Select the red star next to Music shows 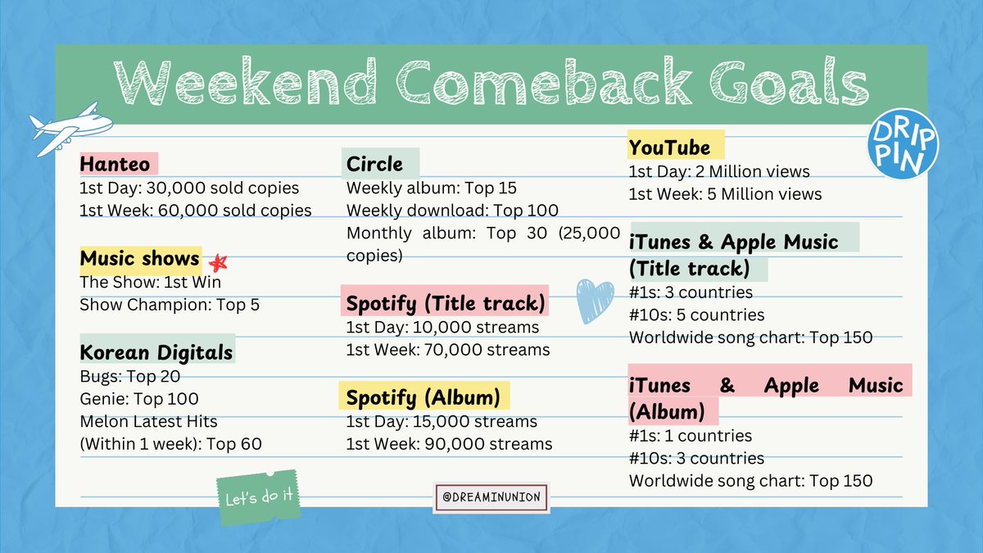point(217,263)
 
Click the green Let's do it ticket point(259,497)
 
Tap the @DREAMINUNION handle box point(491,496)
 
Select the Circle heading point(374,164)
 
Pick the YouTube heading point(668,147)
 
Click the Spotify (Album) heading point(423,398)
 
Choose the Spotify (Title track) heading point(445,304)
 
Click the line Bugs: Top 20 point(129,377)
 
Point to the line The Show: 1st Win point(150,283)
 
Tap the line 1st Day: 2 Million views point(718,172)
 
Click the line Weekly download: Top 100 point(452,211)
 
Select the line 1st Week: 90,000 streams point(449,444)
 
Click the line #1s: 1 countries point(690,436)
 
